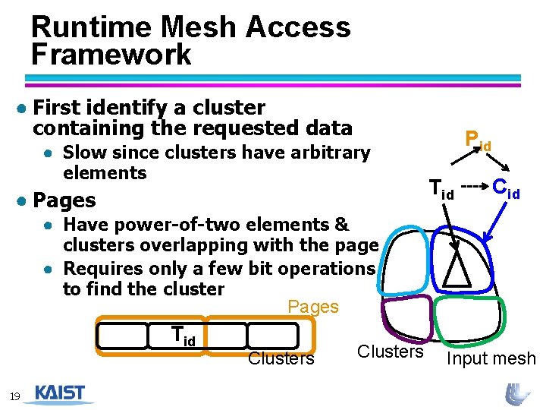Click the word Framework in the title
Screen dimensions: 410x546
(x=111, y=55)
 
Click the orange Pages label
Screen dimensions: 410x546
(x=313, y=307)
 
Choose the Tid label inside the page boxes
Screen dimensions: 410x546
(x=184, y=336)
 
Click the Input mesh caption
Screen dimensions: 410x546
(x=491, y=358)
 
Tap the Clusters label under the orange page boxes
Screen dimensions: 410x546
(x=281, y=358)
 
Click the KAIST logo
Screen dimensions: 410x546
(x=60, y=394)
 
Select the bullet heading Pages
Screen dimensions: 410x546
(x=65, y=200)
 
